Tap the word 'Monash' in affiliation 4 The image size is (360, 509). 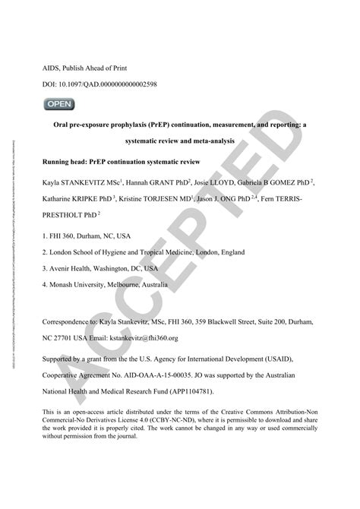point(66,284)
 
